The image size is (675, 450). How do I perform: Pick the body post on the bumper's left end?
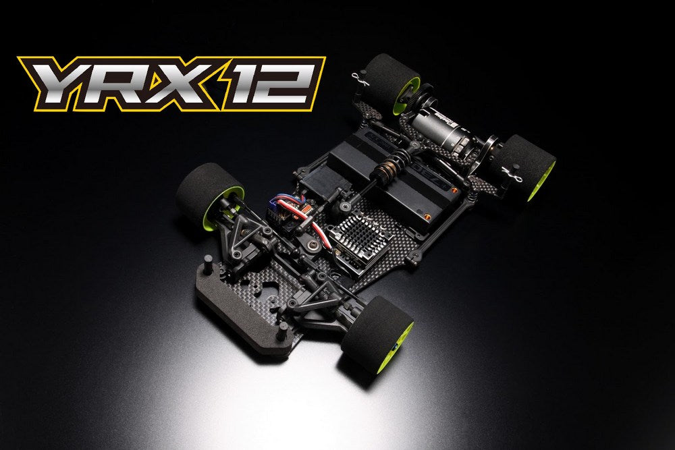point(206,259)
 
